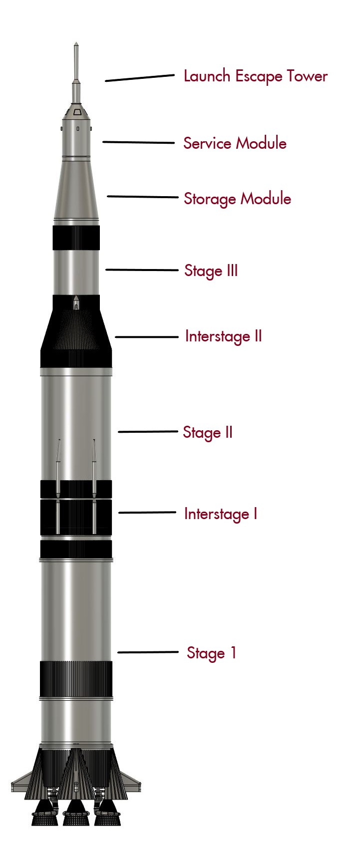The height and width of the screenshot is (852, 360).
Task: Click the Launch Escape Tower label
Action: [x=255, y=76]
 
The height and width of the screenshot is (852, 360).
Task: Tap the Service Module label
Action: [x=235, y=143]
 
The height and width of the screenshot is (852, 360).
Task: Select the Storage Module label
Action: [x=237, y=199]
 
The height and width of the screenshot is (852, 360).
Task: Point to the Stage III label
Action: [x=211, y=271]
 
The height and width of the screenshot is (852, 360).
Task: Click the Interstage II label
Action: [x=223, y=336]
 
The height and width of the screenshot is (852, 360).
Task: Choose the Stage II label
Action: [x=208, y=432]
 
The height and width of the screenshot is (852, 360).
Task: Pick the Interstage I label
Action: [x=221, y=514]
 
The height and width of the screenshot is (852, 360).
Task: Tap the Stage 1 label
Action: [x=211, y=653]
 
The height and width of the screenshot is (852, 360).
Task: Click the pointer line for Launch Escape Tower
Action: [x=139, y=78]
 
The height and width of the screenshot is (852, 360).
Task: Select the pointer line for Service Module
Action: [x=138, y=142]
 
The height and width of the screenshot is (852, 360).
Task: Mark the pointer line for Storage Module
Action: [x=142, y=197]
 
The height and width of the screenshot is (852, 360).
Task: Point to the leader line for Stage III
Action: [x=142, y=270]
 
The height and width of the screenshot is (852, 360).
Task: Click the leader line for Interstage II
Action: [x=146, y=337]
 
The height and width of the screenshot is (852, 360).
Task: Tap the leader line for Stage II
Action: [x=148, y=432]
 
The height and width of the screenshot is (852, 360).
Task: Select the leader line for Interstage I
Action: [x=147, y=512]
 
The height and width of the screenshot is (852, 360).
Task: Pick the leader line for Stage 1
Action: [x=148, y=652]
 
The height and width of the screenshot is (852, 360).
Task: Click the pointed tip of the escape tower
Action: [x=76, y=43]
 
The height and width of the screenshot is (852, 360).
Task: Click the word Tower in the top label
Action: [x=307, y=76]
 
